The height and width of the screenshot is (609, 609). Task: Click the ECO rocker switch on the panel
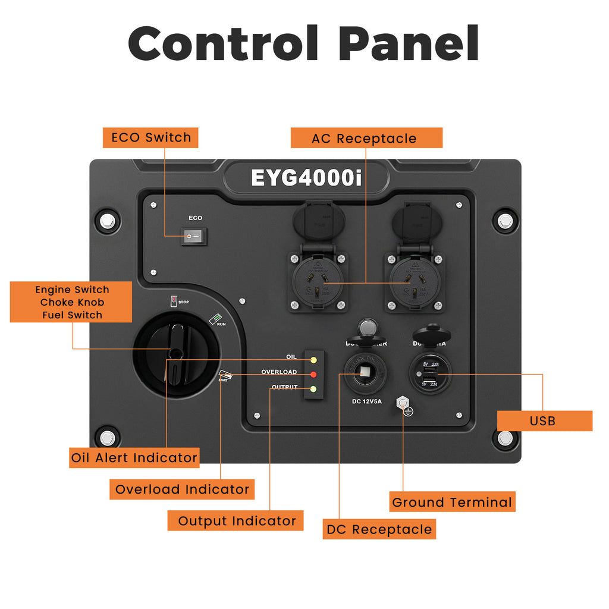[x=192, y=237]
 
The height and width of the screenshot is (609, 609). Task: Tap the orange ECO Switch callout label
[x=150, y=137]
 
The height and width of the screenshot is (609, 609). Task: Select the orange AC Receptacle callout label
[x=366, y=138]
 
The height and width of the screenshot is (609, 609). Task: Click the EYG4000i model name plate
[x=306, y=178]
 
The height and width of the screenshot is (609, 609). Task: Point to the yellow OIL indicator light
[x=313, y=360]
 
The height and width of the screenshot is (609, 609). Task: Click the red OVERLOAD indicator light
[x=313, y=375]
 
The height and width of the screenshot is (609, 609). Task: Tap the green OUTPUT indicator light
[x=313, y=390]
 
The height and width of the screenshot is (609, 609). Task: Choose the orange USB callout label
[x=543, y=420]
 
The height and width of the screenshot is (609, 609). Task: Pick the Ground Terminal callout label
[x=452, y=502]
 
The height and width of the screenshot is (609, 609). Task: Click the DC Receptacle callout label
[x=379, y=529]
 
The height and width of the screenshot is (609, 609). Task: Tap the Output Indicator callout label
[x=236, y=520]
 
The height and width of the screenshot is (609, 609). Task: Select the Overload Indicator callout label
[x=182, y=489]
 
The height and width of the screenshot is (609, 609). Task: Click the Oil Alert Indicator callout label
[x=134, y=457]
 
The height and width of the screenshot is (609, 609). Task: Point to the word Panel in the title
[x=409, y=43]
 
